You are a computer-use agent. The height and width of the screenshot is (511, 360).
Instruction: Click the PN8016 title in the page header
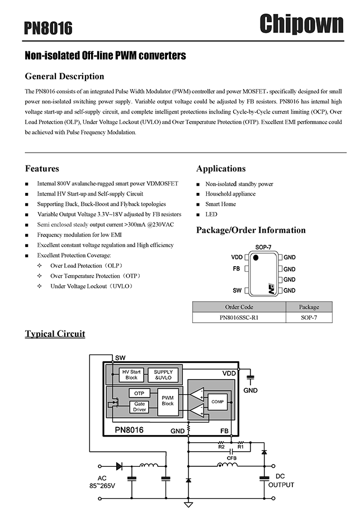49,28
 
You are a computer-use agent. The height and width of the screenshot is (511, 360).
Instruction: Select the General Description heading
65,76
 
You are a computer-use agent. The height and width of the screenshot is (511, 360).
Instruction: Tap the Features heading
42,168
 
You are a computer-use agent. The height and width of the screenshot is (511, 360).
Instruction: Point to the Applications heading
221,168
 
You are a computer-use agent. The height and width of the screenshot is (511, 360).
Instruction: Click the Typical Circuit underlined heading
55,334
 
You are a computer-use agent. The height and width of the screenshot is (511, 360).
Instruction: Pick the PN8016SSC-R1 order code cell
239,317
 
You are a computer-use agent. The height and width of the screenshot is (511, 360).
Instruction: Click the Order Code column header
239,307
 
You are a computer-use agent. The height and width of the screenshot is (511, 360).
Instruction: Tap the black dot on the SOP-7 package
255,258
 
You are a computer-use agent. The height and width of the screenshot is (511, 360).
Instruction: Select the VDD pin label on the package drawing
237,257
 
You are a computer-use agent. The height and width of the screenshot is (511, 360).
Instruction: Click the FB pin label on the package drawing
236,269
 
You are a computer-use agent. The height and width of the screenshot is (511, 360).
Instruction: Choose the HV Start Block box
131,375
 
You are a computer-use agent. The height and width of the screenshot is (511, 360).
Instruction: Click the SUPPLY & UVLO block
163,375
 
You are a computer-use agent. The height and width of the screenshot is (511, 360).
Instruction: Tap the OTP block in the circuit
139,393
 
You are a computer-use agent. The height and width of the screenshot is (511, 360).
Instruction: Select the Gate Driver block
139,406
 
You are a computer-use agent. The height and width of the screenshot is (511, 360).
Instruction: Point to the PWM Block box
168,401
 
